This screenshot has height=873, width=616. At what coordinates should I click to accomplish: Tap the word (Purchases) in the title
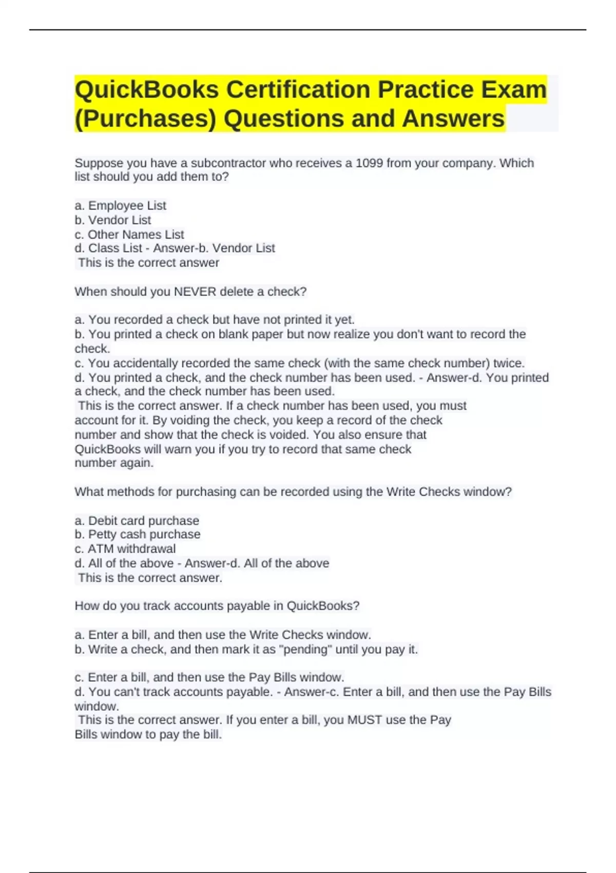click(x=145, y=119)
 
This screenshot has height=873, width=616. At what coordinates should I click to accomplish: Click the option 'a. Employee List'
click(x=120, y=206)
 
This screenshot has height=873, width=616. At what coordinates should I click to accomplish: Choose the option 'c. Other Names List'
click(x=129, y=235)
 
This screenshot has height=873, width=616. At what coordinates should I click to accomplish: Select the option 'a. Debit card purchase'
click(x=137, y=521)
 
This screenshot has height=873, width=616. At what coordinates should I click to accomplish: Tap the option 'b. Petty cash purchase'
click(x=137, y=535)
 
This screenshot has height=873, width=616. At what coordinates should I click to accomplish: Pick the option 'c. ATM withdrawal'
click(x=125, y=549)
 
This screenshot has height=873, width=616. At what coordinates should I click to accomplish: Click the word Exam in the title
click(x=513, y=90)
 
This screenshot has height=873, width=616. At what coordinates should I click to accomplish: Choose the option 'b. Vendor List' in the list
click(x=113, y=220)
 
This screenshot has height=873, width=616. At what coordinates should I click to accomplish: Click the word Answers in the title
click(x=453, y=119)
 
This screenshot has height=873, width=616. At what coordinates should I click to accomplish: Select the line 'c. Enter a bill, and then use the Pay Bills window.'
click(x=209, y=677)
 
